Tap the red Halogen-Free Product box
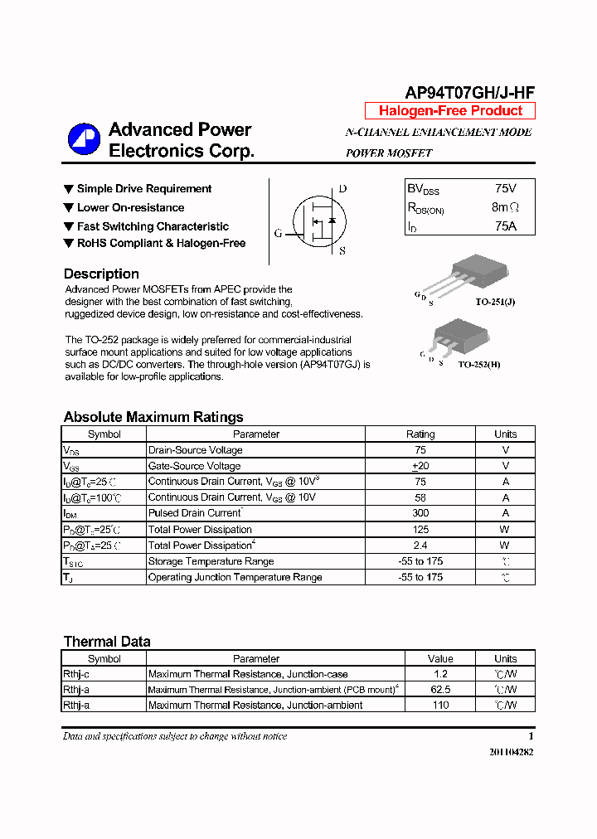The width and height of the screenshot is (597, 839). (450, 111)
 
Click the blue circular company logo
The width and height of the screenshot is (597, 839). (84, 139)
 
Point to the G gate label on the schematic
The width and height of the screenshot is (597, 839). (278, 234)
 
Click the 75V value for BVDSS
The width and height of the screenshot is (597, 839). (505, 189)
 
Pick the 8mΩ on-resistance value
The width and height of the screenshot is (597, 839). (505, 207)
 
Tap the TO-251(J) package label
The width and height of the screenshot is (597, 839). (496, 302)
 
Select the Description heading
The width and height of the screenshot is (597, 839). (101, 274)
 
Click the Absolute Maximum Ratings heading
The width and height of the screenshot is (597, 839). (153, 417)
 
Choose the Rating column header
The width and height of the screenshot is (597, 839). (420, 434)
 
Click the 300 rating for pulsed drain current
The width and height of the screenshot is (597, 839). (420, 513)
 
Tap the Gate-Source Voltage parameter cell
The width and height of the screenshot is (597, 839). (195, 466)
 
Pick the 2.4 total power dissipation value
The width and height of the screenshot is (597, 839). (420, 546)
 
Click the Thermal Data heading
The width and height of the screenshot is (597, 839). (107, 641)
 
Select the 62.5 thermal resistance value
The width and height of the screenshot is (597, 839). (440, 690)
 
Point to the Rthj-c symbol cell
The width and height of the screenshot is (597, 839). (76, 674)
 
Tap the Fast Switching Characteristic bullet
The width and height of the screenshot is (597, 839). (153, 226)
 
